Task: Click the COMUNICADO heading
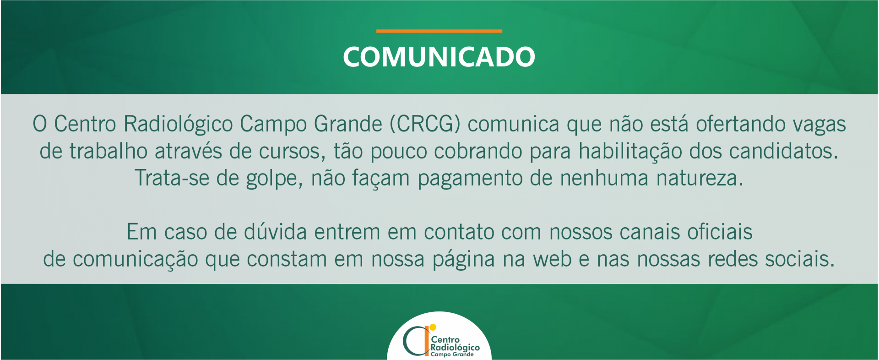click(x=439, y=57)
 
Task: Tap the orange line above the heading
click(x=439, y=31)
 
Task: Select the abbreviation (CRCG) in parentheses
click(x=425, y=124)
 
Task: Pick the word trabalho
click(x=109, y=151)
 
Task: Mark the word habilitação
click(x=630, y=152)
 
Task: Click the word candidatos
click(x=783, y=151)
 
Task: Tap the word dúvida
click(x=275, y=232)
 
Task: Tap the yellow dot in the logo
click(x=433, y=327)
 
